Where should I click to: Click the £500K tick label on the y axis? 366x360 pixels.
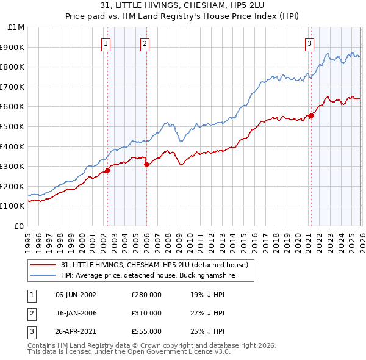12,126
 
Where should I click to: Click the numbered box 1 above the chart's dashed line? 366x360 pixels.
106,43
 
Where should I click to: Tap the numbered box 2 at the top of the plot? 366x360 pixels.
145,43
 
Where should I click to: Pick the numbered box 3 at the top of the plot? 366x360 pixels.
309,43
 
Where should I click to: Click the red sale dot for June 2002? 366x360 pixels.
108,170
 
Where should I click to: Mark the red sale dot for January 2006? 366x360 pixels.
146,164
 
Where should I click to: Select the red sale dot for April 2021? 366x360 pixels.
311,115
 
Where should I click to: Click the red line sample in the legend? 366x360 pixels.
43,265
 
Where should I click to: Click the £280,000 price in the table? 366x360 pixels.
146,295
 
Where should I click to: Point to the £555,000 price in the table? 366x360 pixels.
146,331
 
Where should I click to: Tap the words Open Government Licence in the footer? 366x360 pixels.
170,352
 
